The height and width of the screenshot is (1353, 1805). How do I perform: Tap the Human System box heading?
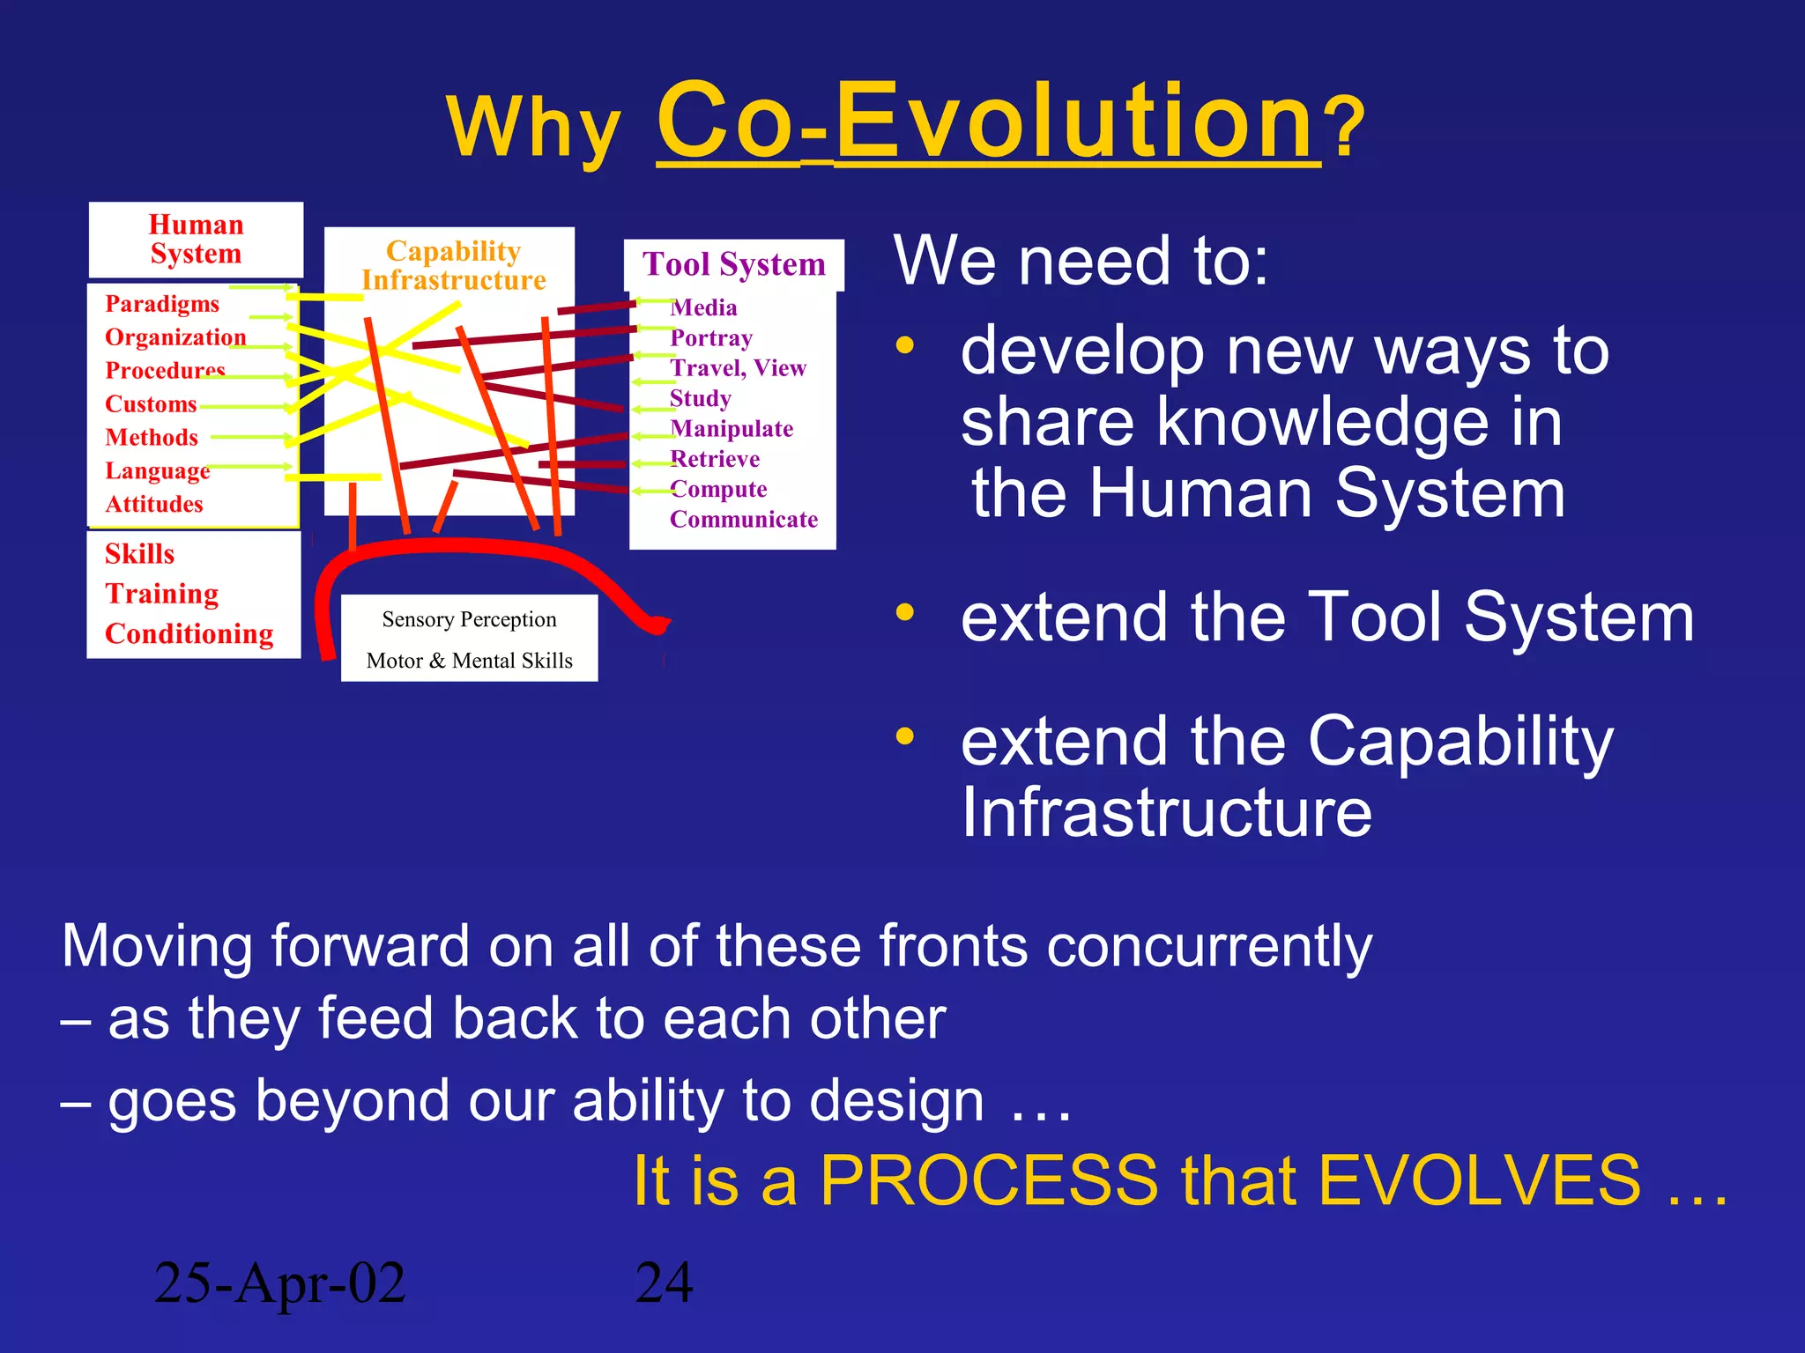coord(196,240)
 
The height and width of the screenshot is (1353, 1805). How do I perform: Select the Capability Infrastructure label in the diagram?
coord(453,265)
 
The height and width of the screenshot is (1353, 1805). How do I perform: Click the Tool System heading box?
coord(733,264)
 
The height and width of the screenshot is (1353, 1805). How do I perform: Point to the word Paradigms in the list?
coord(162,304)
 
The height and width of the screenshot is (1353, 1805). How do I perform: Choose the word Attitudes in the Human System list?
coord(154,504)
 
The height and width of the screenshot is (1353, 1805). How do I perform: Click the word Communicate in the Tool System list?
coord(744,520)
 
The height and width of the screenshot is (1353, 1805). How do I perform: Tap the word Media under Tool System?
coord(703,307)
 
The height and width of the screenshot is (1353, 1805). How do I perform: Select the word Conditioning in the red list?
coord(189,634)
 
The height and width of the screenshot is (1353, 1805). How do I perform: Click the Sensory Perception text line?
coord(469,619)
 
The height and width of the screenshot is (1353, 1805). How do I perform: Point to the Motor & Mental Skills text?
coord(469,661)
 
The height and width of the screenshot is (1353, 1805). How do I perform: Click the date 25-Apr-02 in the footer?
coord(279,1283)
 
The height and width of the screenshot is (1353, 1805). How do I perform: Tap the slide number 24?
coord(664,1283)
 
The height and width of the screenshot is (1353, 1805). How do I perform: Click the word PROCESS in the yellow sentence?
coord(989,1180)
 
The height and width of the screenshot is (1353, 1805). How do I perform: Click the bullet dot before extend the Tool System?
coord(904,612)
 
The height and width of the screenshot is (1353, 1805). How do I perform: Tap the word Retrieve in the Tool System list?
coord(715,459)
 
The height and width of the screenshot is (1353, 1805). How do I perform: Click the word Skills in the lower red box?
coord(139,554)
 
